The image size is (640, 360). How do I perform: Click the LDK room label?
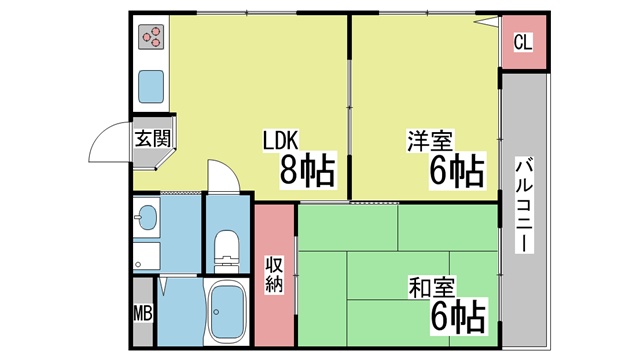click(x=280, y=140)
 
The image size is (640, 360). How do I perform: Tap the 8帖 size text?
click(x=307, y=170)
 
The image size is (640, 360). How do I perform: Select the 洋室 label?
click(x=430, y=141)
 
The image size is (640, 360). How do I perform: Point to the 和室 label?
click(x=431, y=287)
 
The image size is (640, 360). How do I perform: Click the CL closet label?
click(x=523, y=42)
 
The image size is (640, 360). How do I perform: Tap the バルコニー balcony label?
click(x=524, y=204)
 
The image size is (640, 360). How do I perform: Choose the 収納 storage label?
click(x=274, y=275)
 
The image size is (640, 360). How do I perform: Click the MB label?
click(x=143, y=313)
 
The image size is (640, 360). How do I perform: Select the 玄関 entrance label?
click(x=153, y=138)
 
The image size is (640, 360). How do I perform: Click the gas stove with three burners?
click(x=151, y=37)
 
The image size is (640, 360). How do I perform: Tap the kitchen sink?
click(x=151, y=87)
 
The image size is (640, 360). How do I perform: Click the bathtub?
click(x=227, y=311)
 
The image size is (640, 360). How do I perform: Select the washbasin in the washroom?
click(x=146, y=216)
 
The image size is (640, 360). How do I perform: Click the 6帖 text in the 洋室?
click(x=457, y=170)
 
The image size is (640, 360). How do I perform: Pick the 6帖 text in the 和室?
click(x=459, y=316)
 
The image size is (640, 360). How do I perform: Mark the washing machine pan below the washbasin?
click(x=146, y=256)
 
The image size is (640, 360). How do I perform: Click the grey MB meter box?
click(x=143, y=312)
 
